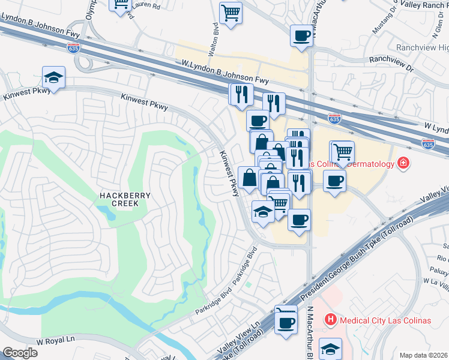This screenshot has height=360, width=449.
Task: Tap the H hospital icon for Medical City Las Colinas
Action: tap(330, 320)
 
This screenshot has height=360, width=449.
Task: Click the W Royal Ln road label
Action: tap(55, 340)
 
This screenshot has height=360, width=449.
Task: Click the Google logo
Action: tap(19, 353)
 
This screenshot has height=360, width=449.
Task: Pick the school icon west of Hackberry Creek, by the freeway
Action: tap(53, 77)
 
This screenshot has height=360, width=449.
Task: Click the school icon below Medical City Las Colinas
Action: tap(331, 348)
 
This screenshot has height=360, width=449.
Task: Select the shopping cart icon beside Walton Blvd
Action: tap(231, 13)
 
